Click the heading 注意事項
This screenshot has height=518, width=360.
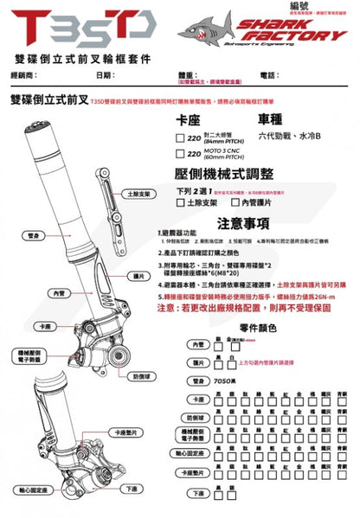[244, 223]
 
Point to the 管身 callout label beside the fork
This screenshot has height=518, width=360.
[34, 234]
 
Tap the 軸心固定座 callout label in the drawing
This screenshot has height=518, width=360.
[29, 489]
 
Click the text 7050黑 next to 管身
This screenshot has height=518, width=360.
[224, 381]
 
